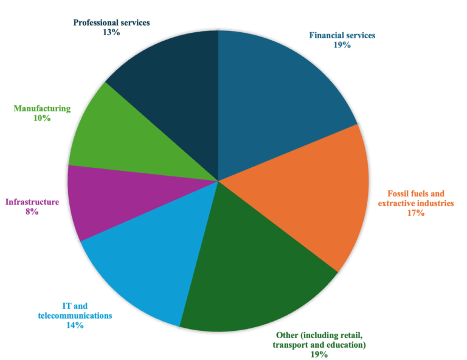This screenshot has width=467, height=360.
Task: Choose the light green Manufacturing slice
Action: click(122, 140)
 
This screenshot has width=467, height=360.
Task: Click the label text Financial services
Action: click(342, 35)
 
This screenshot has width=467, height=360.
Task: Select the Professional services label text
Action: click(111, 22)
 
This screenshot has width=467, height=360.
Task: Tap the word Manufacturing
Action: click(42, 109)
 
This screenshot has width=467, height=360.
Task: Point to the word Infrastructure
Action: click(32, 202)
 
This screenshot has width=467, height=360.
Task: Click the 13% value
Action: click(111, 32)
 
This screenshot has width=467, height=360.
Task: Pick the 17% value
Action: click(416, 213)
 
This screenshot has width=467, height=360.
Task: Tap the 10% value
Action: click(42, 119)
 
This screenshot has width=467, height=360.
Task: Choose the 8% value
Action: click(32, 212)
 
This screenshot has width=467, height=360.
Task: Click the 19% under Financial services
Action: click(342, 45)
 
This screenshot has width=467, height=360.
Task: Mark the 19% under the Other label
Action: click(320, 355)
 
